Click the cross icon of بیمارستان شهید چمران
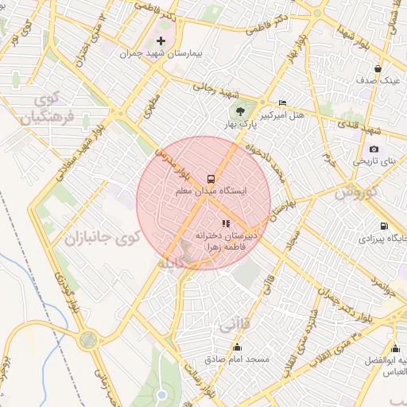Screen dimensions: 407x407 [161, 41]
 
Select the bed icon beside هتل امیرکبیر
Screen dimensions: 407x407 [282, 103]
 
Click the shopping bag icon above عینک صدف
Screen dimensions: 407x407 [389, 68]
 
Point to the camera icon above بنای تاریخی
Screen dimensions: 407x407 [374, 149]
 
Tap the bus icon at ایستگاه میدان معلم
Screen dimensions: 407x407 [211, 179]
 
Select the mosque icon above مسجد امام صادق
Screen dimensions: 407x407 [237, 347]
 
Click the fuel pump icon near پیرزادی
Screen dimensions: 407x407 [385, 226]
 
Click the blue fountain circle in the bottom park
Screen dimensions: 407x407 [161, 394]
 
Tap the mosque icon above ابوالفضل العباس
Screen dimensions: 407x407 [395, 348]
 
